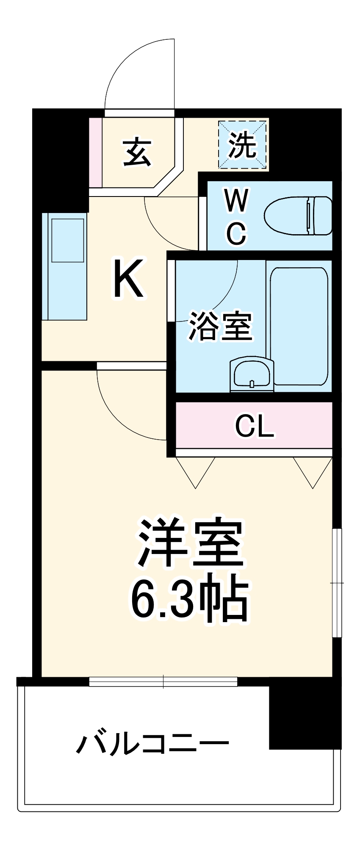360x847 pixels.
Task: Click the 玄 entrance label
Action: click(x=137, y=152)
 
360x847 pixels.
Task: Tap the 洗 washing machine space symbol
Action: click(x=243, y=145)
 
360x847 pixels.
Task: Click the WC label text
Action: click(x=236, y=217)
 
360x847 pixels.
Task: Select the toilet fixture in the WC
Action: click(x=298, y=215)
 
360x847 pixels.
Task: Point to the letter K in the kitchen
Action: click(x=128, y=279)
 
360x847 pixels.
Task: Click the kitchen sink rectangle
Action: click(x=68, y=240)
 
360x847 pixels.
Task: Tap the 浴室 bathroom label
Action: click(x=220, y=326)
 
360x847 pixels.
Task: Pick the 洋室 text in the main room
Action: click(x=190, y=543)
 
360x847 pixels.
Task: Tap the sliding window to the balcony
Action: click(x=163, y=681)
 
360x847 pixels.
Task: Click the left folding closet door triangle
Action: click(x=196, y=472)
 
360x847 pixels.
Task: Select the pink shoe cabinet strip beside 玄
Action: click(x=96, y=152)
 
